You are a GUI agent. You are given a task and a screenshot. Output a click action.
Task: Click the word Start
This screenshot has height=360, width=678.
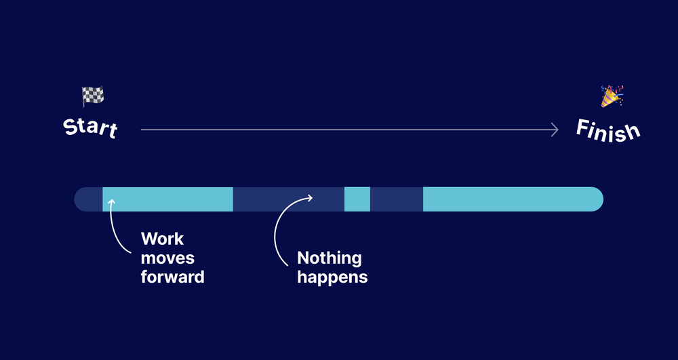click(x=90, y=128)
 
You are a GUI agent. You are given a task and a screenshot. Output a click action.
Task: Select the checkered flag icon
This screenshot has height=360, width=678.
click(x=92, y=96)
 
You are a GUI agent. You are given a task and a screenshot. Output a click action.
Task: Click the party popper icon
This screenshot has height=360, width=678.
click(x=612, y=96)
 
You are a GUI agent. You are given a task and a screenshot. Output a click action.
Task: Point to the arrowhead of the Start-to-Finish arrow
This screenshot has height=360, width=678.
click(x=555, y=129)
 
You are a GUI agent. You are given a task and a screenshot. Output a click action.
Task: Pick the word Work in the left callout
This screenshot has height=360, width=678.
click(x=162, y=239)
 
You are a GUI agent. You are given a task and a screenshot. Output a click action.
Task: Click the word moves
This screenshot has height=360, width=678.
click(x=167, y=258)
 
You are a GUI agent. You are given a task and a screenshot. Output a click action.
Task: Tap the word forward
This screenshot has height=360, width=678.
click(x=172, y=277)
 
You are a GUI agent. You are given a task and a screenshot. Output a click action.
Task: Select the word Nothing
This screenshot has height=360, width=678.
click(x=330, y=258)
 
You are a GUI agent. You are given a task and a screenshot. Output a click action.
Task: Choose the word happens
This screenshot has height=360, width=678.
click(x=332, y=277)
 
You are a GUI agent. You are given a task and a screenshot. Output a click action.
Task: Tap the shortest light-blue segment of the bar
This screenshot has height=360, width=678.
click(x=357, y=199)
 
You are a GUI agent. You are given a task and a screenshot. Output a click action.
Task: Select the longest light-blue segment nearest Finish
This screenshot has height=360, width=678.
click(x=512, y=199)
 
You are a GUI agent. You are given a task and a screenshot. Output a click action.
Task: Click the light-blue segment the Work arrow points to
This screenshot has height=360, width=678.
click(x=167, y=199)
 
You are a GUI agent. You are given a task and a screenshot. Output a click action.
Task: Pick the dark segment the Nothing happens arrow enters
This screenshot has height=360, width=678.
click(x=288, y=199)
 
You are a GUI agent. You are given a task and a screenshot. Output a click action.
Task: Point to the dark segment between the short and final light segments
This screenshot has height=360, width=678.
click(x=397, y=199)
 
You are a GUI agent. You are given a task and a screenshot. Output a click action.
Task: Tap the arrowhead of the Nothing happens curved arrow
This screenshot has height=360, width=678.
click(x=310, y=198)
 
